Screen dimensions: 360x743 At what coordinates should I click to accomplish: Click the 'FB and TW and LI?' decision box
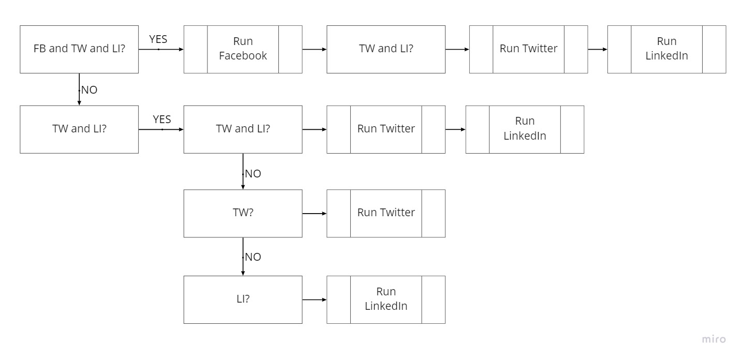tap(79, 49)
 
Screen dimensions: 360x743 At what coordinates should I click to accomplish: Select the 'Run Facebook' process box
tap(243, 49)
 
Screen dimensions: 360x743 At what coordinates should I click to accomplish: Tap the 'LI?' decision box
tap(243, 299)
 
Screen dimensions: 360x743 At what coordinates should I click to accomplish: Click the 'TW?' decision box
tap(243, 213)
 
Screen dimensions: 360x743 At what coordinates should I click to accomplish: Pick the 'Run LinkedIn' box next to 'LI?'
tap(385, 299)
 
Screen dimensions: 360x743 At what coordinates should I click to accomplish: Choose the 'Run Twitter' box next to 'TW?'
tap(385, 213)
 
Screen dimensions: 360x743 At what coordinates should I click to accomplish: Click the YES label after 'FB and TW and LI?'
tap(158, 39)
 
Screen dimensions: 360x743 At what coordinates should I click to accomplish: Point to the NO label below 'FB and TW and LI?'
tap(89, 90)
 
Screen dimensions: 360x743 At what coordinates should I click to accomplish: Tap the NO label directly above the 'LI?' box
tap(252, 257)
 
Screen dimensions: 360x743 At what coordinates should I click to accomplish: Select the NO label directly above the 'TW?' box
tap(252, 174)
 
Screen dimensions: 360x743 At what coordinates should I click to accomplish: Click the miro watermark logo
tap(714, 339)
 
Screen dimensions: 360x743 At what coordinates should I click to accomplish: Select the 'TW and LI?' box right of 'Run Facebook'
tap(385, 49)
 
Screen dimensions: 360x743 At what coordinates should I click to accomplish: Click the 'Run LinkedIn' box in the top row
tap(666, 49)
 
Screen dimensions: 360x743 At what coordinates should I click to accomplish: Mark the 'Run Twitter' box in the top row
tap(528, 49)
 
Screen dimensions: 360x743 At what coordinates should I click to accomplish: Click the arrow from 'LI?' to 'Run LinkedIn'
tap(314, 299)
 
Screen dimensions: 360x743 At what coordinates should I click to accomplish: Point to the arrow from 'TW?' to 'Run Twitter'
tap(314, 213)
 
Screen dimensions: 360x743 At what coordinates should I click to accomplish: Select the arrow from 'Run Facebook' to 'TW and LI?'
tap(314, 49)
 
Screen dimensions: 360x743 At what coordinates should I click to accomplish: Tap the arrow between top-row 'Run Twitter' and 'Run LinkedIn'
tap(597, 49)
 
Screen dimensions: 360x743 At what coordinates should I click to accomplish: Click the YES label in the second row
tap(161, 119)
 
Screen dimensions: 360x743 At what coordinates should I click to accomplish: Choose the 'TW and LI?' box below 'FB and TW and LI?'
tap(79, 129)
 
